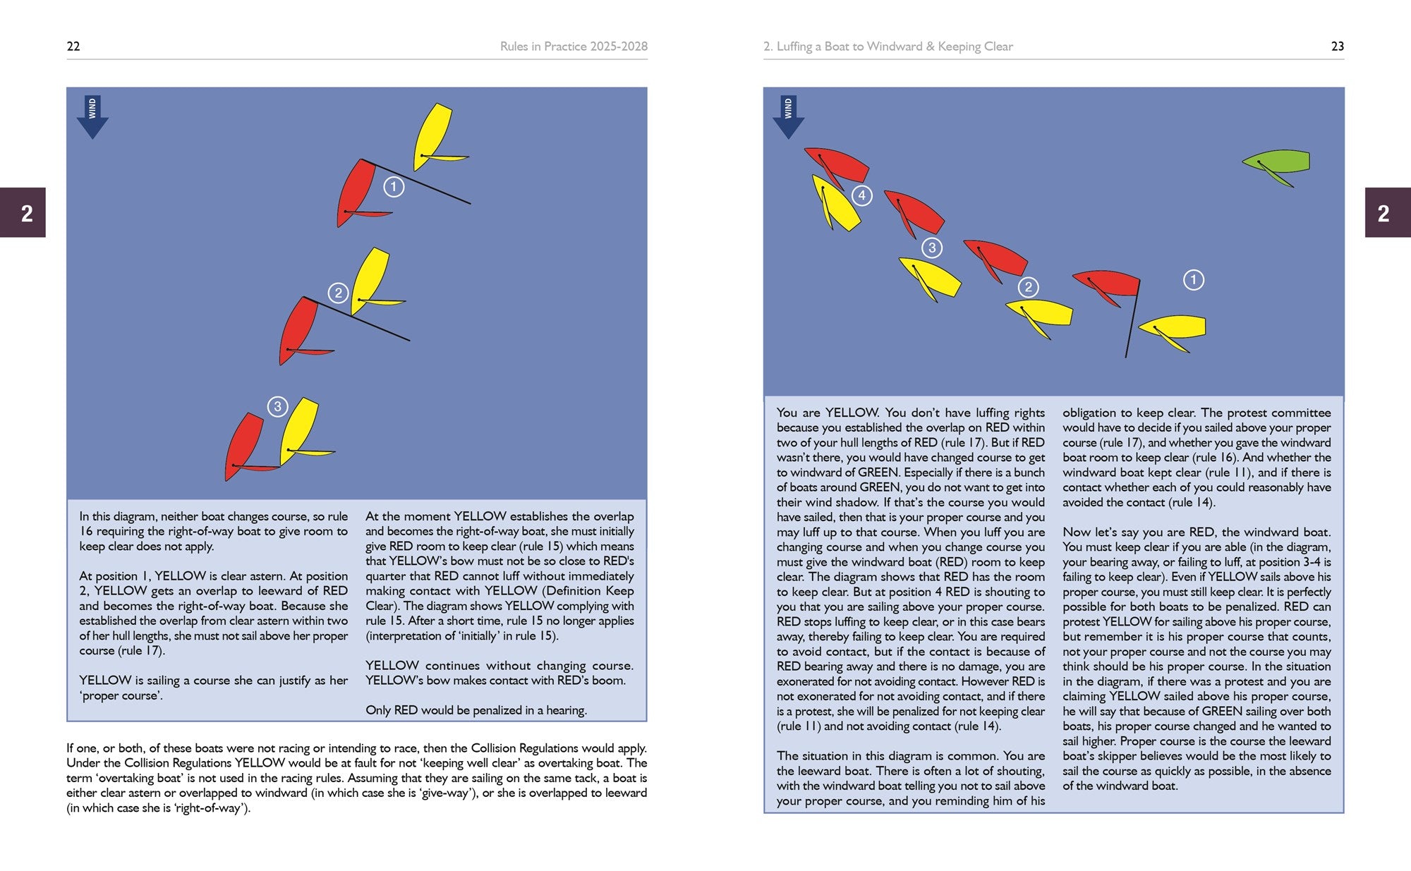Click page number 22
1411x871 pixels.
tap(73, 47)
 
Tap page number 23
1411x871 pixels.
tap(1337, 47)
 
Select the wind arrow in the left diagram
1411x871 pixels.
tap(92, 118)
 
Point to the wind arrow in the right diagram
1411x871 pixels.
tap(788, 118)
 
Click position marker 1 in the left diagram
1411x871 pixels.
tap(394, 187)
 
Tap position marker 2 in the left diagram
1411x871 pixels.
tap(338, 293)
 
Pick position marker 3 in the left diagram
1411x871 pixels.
tap(277, 406)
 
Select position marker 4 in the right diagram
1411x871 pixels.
tap(861, 195)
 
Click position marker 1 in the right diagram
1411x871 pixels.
tap(1193, 280)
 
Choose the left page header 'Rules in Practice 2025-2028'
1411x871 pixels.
tap(574, 47)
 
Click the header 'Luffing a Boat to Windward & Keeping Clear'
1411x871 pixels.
tap(888, 47)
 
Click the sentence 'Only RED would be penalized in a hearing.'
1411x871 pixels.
tap(476, 710)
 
